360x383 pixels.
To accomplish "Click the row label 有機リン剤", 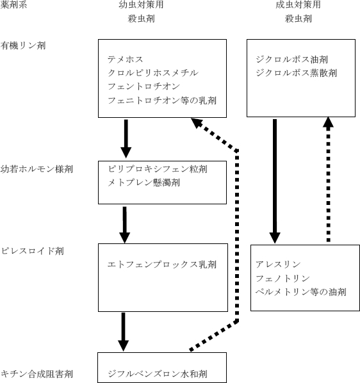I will point(23,45).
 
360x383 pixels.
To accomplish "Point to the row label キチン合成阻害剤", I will point(37,373).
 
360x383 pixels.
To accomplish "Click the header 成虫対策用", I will point(298,5).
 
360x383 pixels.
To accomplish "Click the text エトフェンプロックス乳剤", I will point(162,263).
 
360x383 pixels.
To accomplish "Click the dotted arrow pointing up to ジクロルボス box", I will point(328,179).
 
